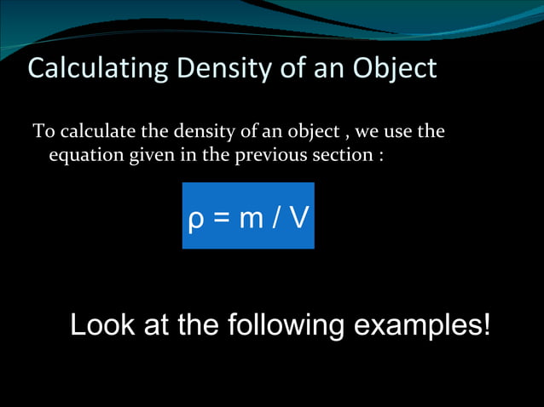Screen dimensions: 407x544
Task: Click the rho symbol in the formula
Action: pos(194,220)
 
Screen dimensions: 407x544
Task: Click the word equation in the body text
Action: pos(86,157)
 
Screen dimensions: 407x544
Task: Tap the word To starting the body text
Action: pos(41,133)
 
